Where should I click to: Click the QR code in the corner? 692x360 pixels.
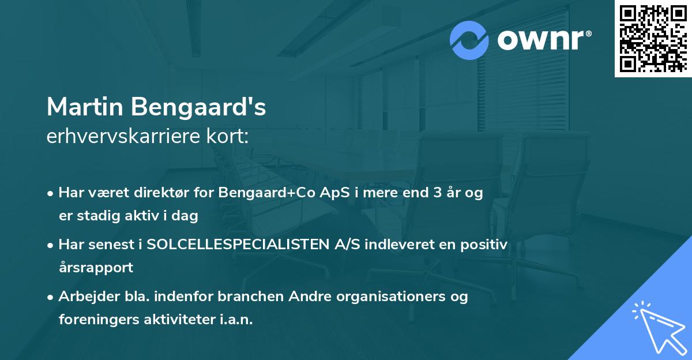pyautogui.click(x=653, y=38)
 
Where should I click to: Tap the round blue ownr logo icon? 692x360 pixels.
pyautogui.click(x=469, y=40)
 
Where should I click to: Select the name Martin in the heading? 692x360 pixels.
pyautogui.click(x=85, y=107)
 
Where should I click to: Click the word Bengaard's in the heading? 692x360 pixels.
pyautogui.click(x=198, y=107)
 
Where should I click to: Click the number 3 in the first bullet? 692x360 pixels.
pyautogui.click(x=437, y=193)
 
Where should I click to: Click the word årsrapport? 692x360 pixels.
pyautogui.click(x=96, y=268)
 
